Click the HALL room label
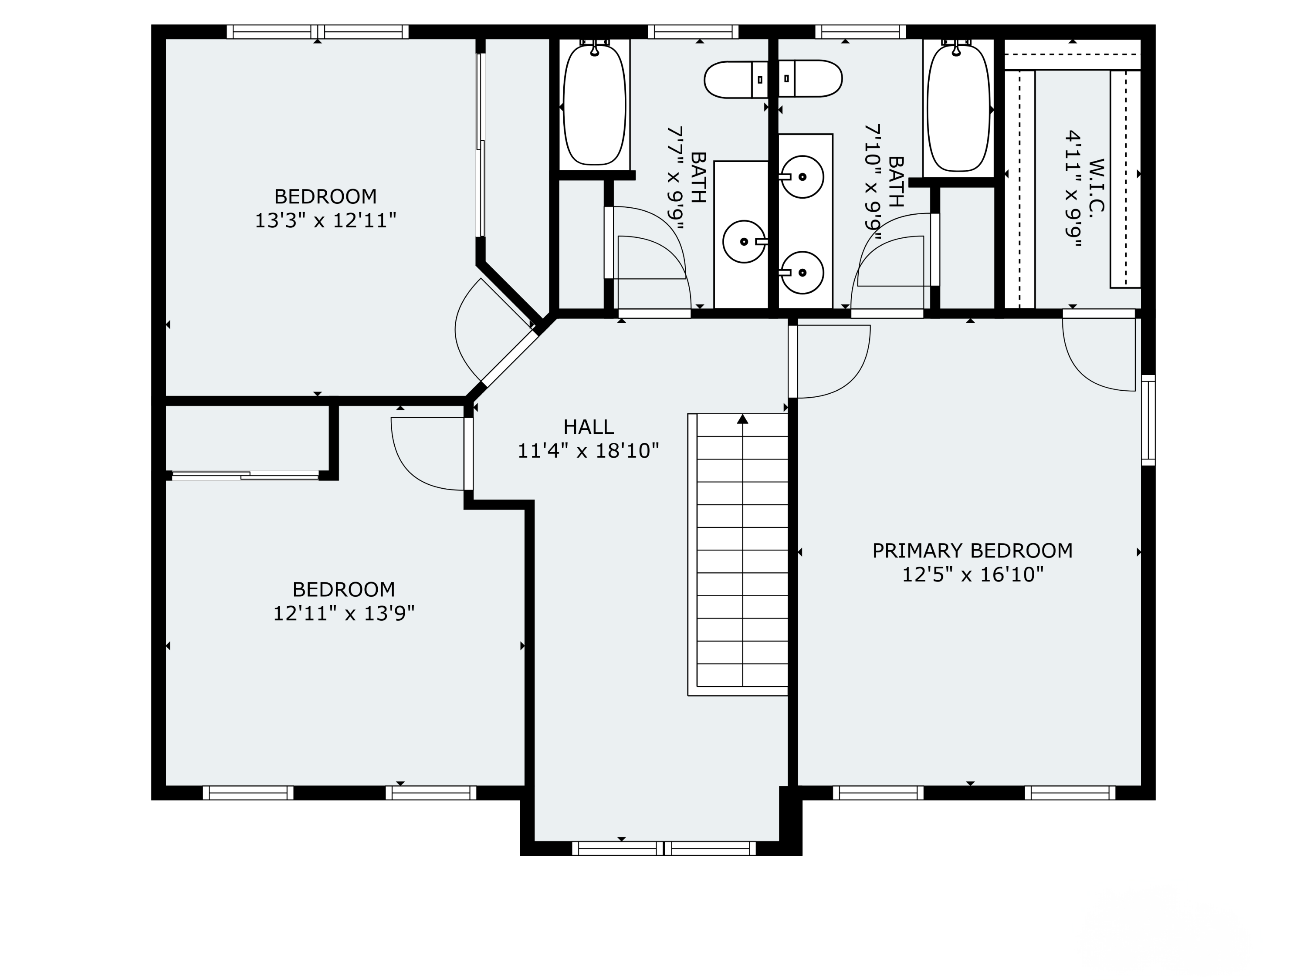coord(589,426)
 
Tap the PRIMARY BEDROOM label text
coord(972,551)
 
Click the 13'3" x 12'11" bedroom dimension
coord(325,221)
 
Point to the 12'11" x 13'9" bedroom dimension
coord(344,614)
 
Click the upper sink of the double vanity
coord(802,177)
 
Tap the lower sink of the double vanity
coord(802,272)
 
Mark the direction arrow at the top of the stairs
coord(743,419)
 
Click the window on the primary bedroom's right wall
coord(1148,420)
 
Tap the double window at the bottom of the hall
coord(664,848)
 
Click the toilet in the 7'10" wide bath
coord(810,78)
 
